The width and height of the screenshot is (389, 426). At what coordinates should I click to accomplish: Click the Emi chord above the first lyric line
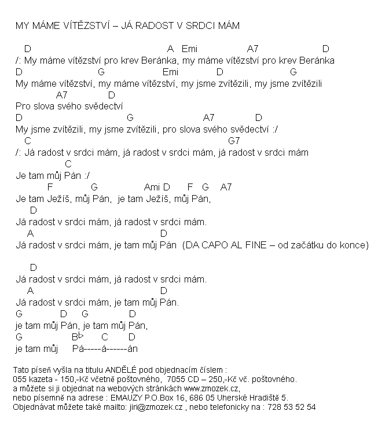(x=189, y=49)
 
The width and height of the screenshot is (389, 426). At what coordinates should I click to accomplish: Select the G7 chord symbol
(x=234, y=141)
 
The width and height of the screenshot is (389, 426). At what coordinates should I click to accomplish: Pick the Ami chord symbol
(x=152, y=187)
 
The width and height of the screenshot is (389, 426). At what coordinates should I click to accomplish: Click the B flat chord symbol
(x=78, y=337)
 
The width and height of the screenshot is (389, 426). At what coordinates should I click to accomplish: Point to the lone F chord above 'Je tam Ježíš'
(x=49, y=187)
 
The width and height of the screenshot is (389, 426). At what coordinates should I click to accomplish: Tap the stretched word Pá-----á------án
(x=105, y=348)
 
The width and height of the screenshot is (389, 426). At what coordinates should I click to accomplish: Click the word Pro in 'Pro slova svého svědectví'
(x=23, y=106)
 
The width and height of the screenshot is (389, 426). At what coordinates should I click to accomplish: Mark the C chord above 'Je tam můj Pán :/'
(x=68, y=164)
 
